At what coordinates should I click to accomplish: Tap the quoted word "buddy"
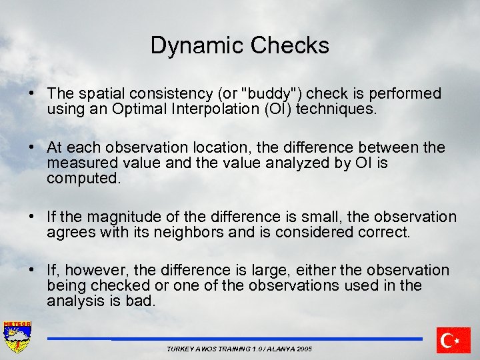tap(269, 93)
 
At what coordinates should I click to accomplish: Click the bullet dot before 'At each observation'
tap(33, 147)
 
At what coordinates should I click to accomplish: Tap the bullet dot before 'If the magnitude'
tap(33, 217)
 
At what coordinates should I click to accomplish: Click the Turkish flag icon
tap(453, 340)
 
